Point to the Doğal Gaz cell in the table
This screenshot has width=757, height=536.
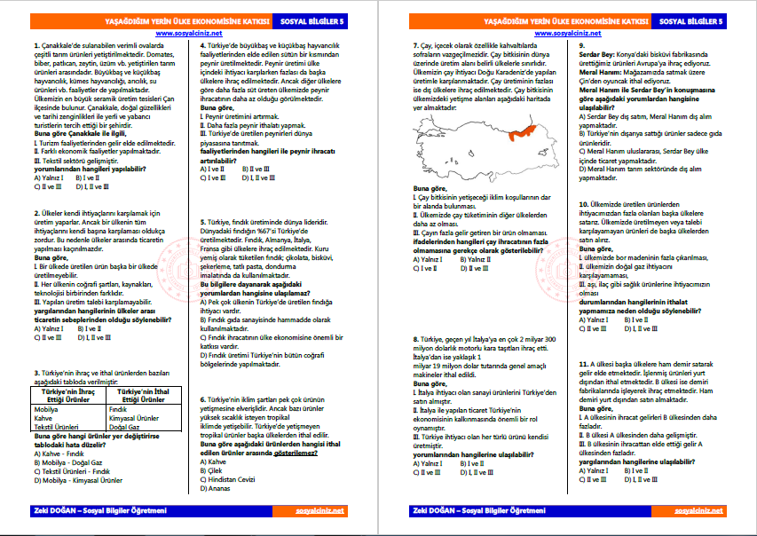126,427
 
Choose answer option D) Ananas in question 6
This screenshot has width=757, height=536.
216,488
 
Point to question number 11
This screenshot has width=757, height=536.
583,364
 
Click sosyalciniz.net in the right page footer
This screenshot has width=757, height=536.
699,511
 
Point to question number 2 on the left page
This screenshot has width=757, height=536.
35,213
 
